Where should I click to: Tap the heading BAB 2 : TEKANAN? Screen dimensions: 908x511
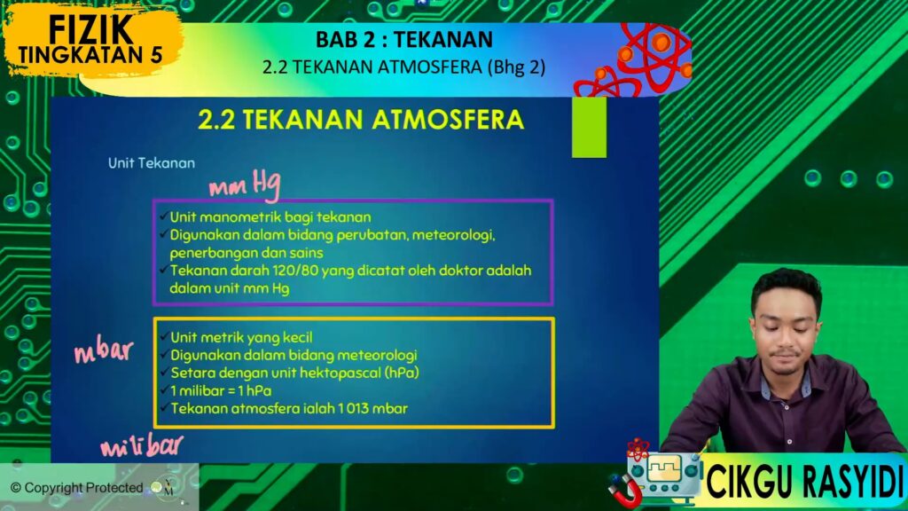[404, 39]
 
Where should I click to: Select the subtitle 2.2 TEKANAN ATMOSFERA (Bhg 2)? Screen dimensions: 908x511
[403, 67]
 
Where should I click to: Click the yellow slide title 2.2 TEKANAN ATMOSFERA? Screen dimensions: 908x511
[361, 120]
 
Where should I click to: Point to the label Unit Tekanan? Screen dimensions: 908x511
[151, 163]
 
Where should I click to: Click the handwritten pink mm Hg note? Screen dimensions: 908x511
[245, 185]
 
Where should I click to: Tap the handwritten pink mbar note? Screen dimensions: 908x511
[104, 351]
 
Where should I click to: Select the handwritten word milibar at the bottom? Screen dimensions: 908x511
[142, 446]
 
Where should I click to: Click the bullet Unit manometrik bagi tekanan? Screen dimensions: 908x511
[270, 217]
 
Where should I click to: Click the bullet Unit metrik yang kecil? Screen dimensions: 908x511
[241, 337]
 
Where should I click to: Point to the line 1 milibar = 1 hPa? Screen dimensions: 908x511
[221, 390]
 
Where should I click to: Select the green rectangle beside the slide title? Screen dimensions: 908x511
[589, 127]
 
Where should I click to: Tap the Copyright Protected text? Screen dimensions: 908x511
[77, 488]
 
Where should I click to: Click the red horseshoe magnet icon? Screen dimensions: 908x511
[625, 490]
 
